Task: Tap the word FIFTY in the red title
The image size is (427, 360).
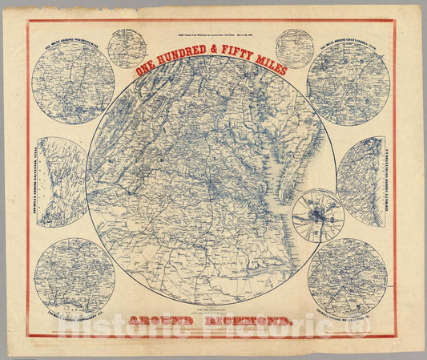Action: coord(232,67)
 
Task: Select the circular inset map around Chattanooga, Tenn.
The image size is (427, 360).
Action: coord(349,83)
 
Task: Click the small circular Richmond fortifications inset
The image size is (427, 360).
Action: coord(318,215)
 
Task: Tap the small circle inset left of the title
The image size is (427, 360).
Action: coord(127,48)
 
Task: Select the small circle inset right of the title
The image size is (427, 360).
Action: coord(294,48)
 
